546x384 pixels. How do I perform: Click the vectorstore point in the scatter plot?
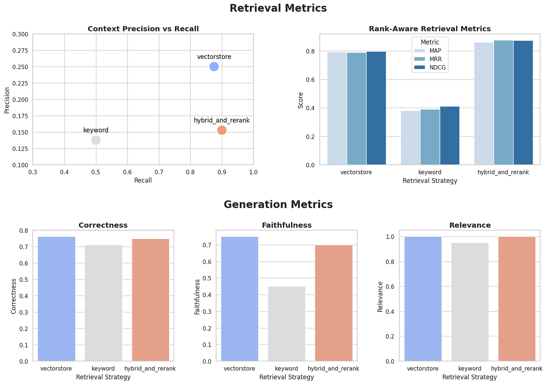pos(214,67)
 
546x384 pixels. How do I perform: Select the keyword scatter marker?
pos(96,140)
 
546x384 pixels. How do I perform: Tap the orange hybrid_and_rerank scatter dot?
pos(222,130)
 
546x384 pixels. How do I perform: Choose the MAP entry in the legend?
pos(429,51)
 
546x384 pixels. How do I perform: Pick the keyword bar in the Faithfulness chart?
pos(287,324)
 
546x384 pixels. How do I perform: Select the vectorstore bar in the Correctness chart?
pos(57,298)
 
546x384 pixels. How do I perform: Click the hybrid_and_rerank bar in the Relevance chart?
pos(517,298)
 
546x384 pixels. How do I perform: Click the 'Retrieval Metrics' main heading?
pos(278,8)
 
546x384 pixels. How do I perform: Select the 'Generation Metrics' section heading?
pos(278,204)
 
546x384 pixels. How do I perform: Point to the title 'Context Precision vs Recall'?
pos(143,29)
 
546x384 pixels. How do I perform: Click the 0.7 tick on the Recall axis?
pos(159,172)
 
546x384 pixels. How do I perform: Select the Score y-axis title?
pos(300,100)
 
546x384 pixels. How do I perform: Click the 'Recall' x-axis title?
pos(143,180)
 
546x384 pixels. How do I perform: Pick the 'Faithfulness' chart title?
pos(287,225)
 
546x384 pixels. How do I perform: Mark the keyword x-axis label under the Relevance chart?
pos(470,368)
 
